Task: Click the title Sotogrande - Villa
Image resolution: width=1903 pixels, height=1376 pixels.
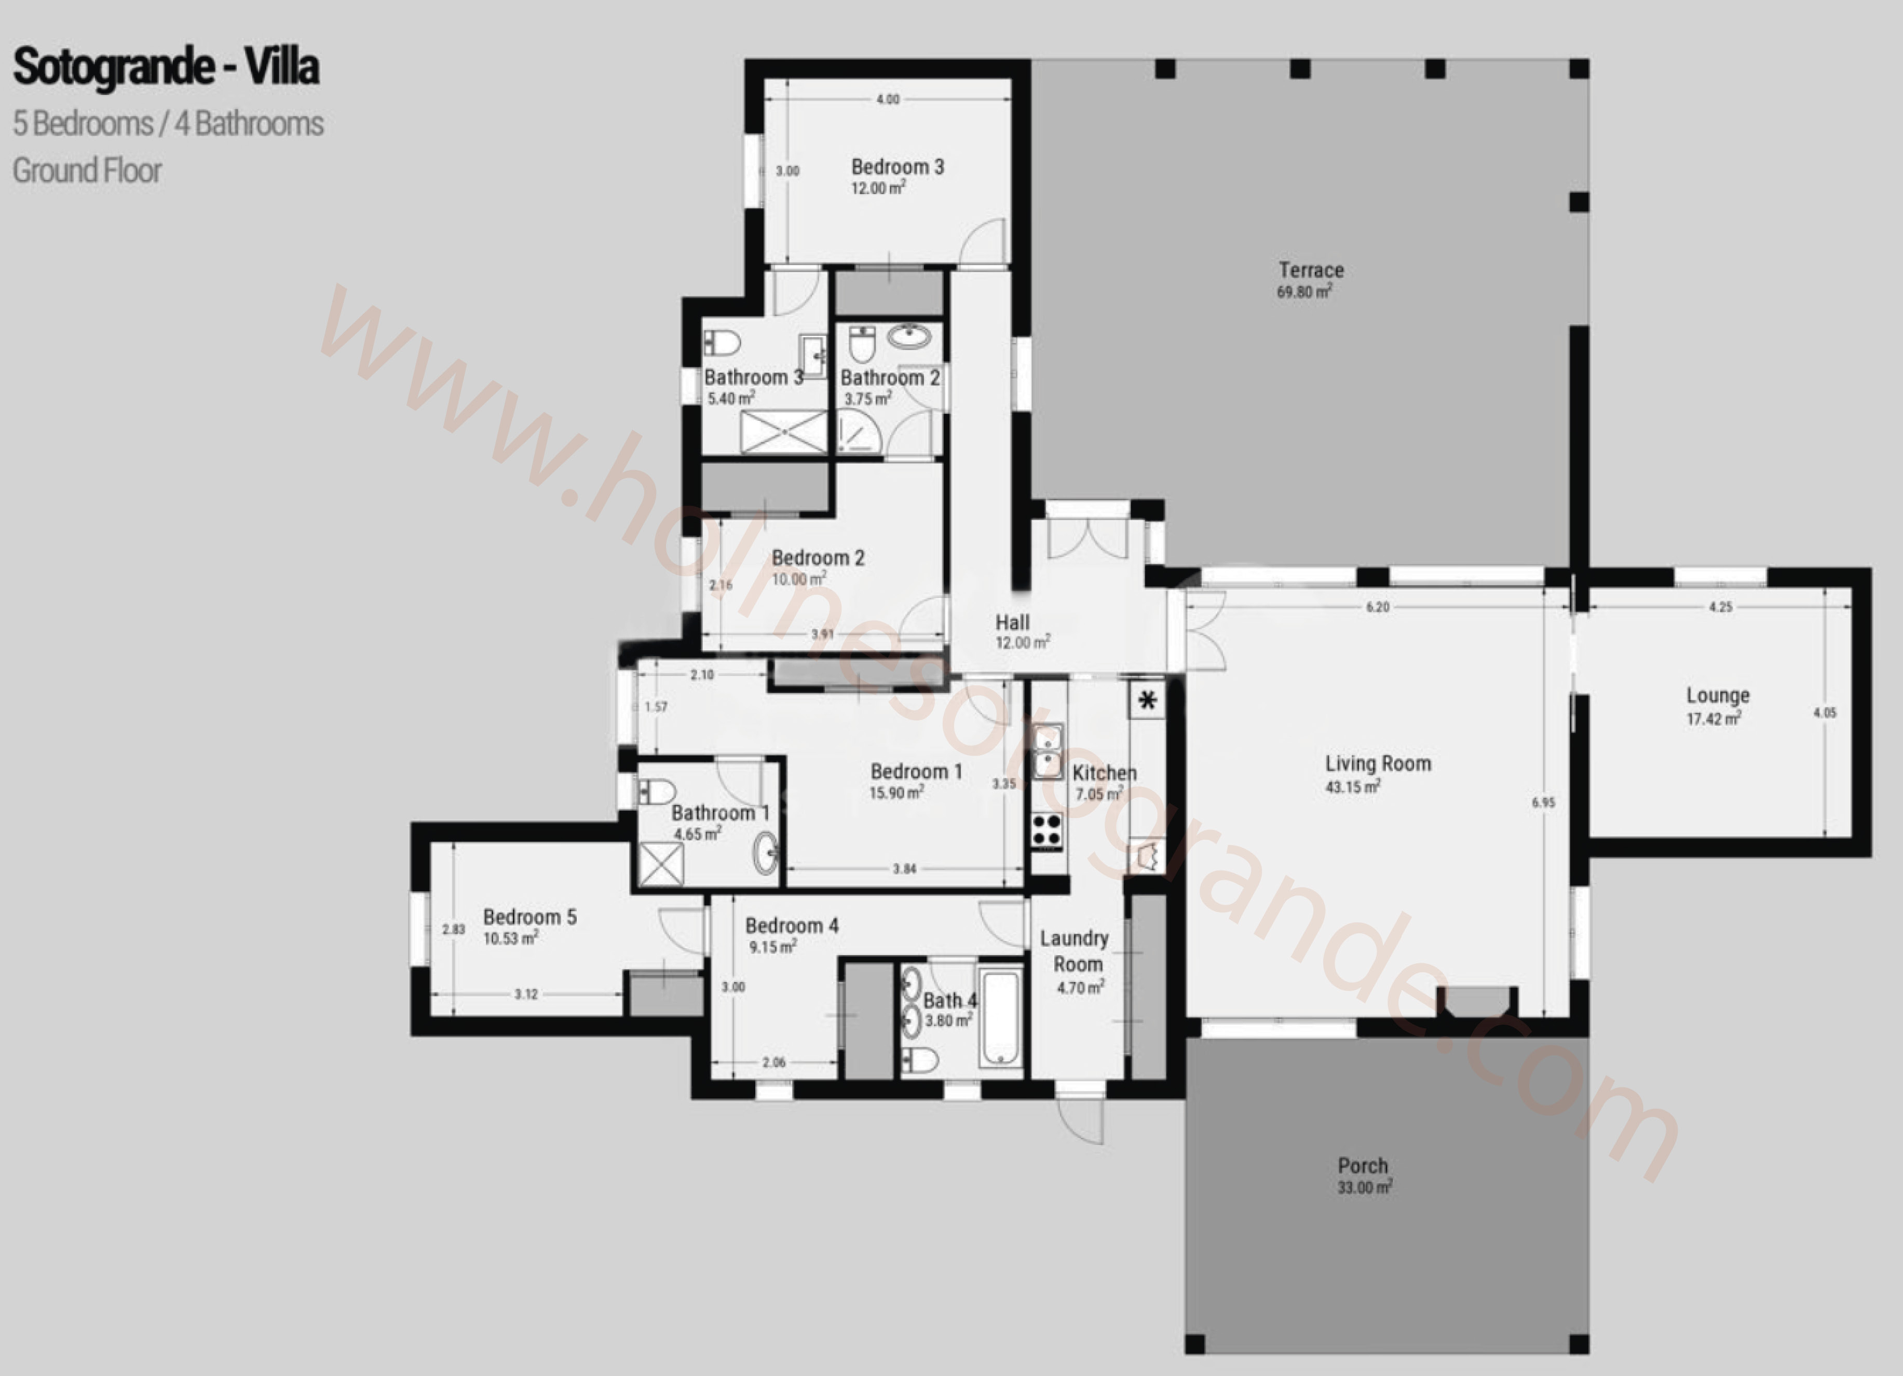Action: [166, 67]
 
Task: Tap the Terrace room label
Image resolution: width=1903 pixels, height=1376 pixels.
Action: [1311, 270]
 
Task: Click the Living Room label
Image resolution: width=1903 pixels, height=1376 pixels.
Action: [1378, 764]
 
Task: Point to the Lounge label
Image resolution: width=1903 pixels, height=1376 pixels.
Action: [1718, 696]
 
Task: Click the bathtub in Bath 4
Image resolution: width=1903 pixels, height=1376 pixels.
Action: [1001, 1018]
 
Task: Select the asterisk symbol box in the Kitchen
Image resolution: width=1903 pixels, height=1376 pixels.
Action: [1147, 699]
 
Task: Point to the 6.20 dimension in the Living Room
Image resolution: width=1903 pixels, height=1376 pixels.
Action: [1378, 607]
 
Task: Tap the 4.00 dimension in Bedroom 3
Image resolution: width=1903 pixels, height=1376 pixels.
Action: [888, 99]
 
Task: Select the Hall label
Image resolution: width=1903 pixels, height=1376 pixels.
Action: [1013, 622]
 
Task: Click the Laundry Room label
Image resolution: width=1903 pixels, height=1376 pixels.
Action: [1076, 950]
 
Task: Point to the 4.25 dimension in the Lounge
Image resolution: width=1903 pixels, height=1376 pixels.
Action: [1720, 607]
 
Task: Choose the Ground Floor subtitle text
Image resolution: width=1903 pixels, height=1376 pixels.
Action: [87, 170]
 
